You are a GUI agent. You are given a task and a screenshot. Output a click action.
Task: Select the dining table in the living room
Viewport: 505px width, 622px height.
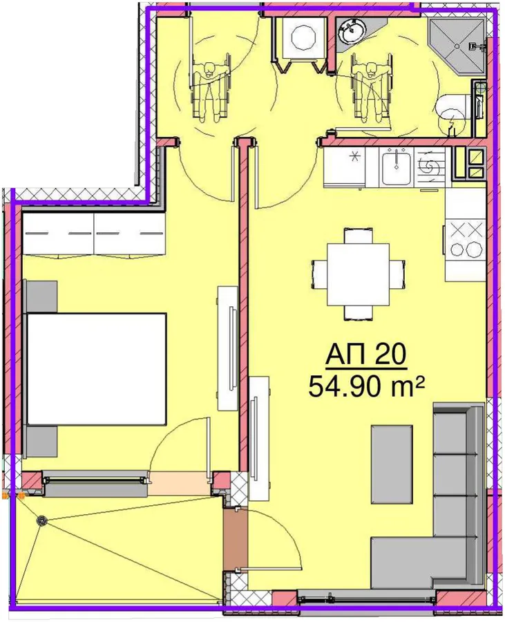[359, 274]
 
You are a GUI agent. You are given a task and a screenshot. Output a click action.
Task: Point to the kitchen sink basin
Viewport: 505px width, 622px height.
[396, 166]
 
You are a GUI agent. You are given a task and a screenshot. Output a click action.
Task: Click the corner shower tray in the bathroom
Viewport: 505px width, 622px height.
[456, 47]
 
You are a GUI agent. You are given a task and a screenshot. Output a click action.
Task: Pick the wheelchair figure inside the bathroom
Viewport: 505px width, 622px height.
[371, 89]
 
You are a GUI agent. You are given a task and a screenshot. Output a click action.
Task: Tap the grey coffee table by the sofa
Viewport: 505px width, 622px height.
[392, 464]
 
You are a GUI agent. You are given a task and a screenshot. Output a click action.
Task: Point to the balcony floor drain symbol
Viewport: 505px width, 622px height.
[41, 520]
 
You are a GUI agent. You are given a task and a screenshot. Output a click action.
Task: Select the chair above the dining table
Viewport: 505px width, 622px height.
[359, 236]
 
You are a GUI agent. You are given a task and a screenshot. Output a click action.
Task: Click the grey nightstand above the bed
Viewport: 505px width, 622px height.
[42, 296]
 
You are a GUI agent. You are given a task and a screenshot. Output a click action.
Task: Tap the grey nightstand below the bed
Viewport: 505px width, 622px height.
[42, 442]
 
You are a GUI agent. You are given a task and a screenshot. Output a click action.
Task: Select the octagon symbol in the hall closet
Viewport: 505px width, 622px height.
[303, 37]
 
